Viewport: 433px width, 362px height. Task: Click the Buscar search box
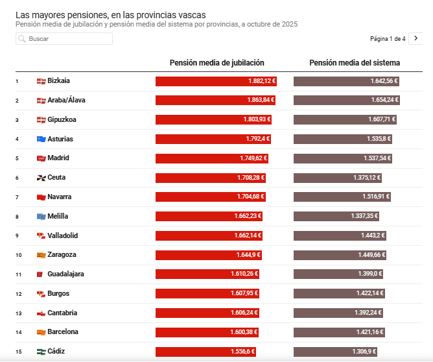point(64,39)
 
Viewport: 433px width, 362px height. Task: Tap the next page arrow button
point(416,39)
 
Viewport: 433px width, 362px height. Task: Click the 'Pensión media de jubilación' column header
point(216,63)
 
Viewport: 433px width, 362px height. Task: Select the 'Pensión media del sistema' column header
point(355,63)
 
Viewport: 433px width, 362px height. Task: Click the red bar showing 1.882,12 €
point(216,81)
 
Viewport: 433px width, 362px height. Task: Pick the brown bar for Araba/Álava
point(347,101)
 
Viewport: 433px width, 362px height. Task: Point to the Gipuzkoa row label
point(62,119)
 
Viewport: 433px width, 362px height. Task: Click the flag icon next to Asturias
point(41,139)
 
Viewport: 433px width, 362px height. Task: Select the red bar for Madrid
point(212,158)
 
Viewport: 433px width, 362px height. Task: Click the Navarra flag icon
point(41,197)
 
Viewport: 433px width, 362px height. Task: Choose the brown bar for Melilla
point(337,216)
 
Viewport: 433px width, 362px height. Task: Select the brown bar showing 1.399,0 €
point(340,274)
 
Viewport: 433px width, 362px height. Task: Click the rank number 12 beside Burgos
point(18,294)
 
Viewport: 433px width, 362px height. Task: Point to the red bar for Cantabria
point(207,313)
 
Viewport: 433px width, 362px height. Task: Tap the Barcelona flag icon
point(41,332)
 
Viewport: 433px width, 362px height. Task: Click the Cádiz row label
point(56,351)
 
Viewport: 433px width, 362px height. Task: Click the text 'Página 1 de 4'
point(388,39)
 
